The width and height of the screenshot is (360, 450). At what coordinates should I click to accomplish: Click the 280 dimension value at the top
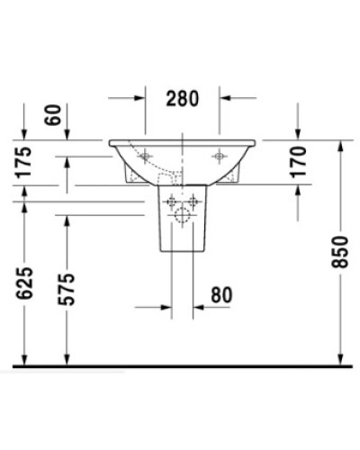coord(184,98)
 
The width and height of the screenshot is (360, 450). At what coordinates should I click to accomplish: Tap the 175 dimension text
coord(23,163)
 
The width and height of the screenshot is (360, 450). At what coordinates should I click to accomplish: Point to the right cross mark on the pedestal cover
coord(193,200)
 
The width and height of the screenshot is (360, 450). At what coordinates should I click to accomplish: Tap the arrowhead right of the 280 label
coord(226,98)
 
